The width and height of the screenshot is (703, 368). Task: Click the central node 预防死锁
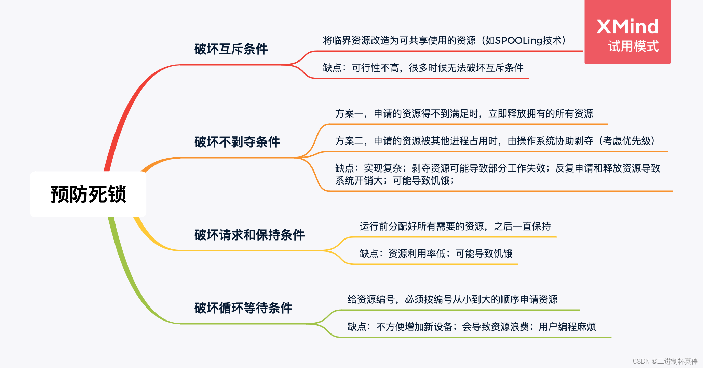(88, 194)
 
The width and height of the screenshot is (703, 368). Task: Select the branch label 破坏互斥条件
(231, 49)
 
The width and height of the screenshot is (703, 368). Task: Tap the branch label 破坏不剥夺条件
(237, 142)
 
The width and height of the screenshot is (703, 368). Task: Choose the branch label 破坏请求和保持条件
(249, 235)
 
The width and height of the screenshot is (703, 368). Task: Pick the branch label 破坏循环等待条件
(243, 308)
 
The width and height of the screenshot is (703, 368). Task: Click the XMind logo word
(627, 27)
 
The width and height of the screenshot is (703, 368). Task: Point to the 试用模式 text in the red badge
(633, 46)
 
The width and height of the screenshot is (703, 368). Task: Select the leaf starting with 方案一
(464, 114)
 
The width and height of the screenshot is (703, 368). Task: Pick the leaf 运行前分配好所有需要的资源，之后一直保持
(455, 227)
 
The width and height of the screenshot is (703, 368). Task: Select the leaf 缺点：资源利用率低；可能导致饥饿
(436, 254)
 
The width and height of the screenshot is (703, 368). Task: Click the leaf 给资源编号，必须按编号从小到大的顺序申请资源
(452, 300)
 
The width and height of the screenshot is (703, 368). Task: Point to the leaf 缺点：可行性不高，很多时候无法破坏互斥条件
(423, 68)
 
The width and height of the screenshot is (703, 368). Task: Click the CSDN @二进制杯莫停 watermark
(665, 361)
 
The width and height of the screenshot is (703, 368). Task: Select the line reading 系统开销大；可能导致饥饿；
(395, 181)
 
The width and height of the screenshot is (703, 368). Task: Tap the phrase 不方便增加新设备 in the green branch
(414, 327)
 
